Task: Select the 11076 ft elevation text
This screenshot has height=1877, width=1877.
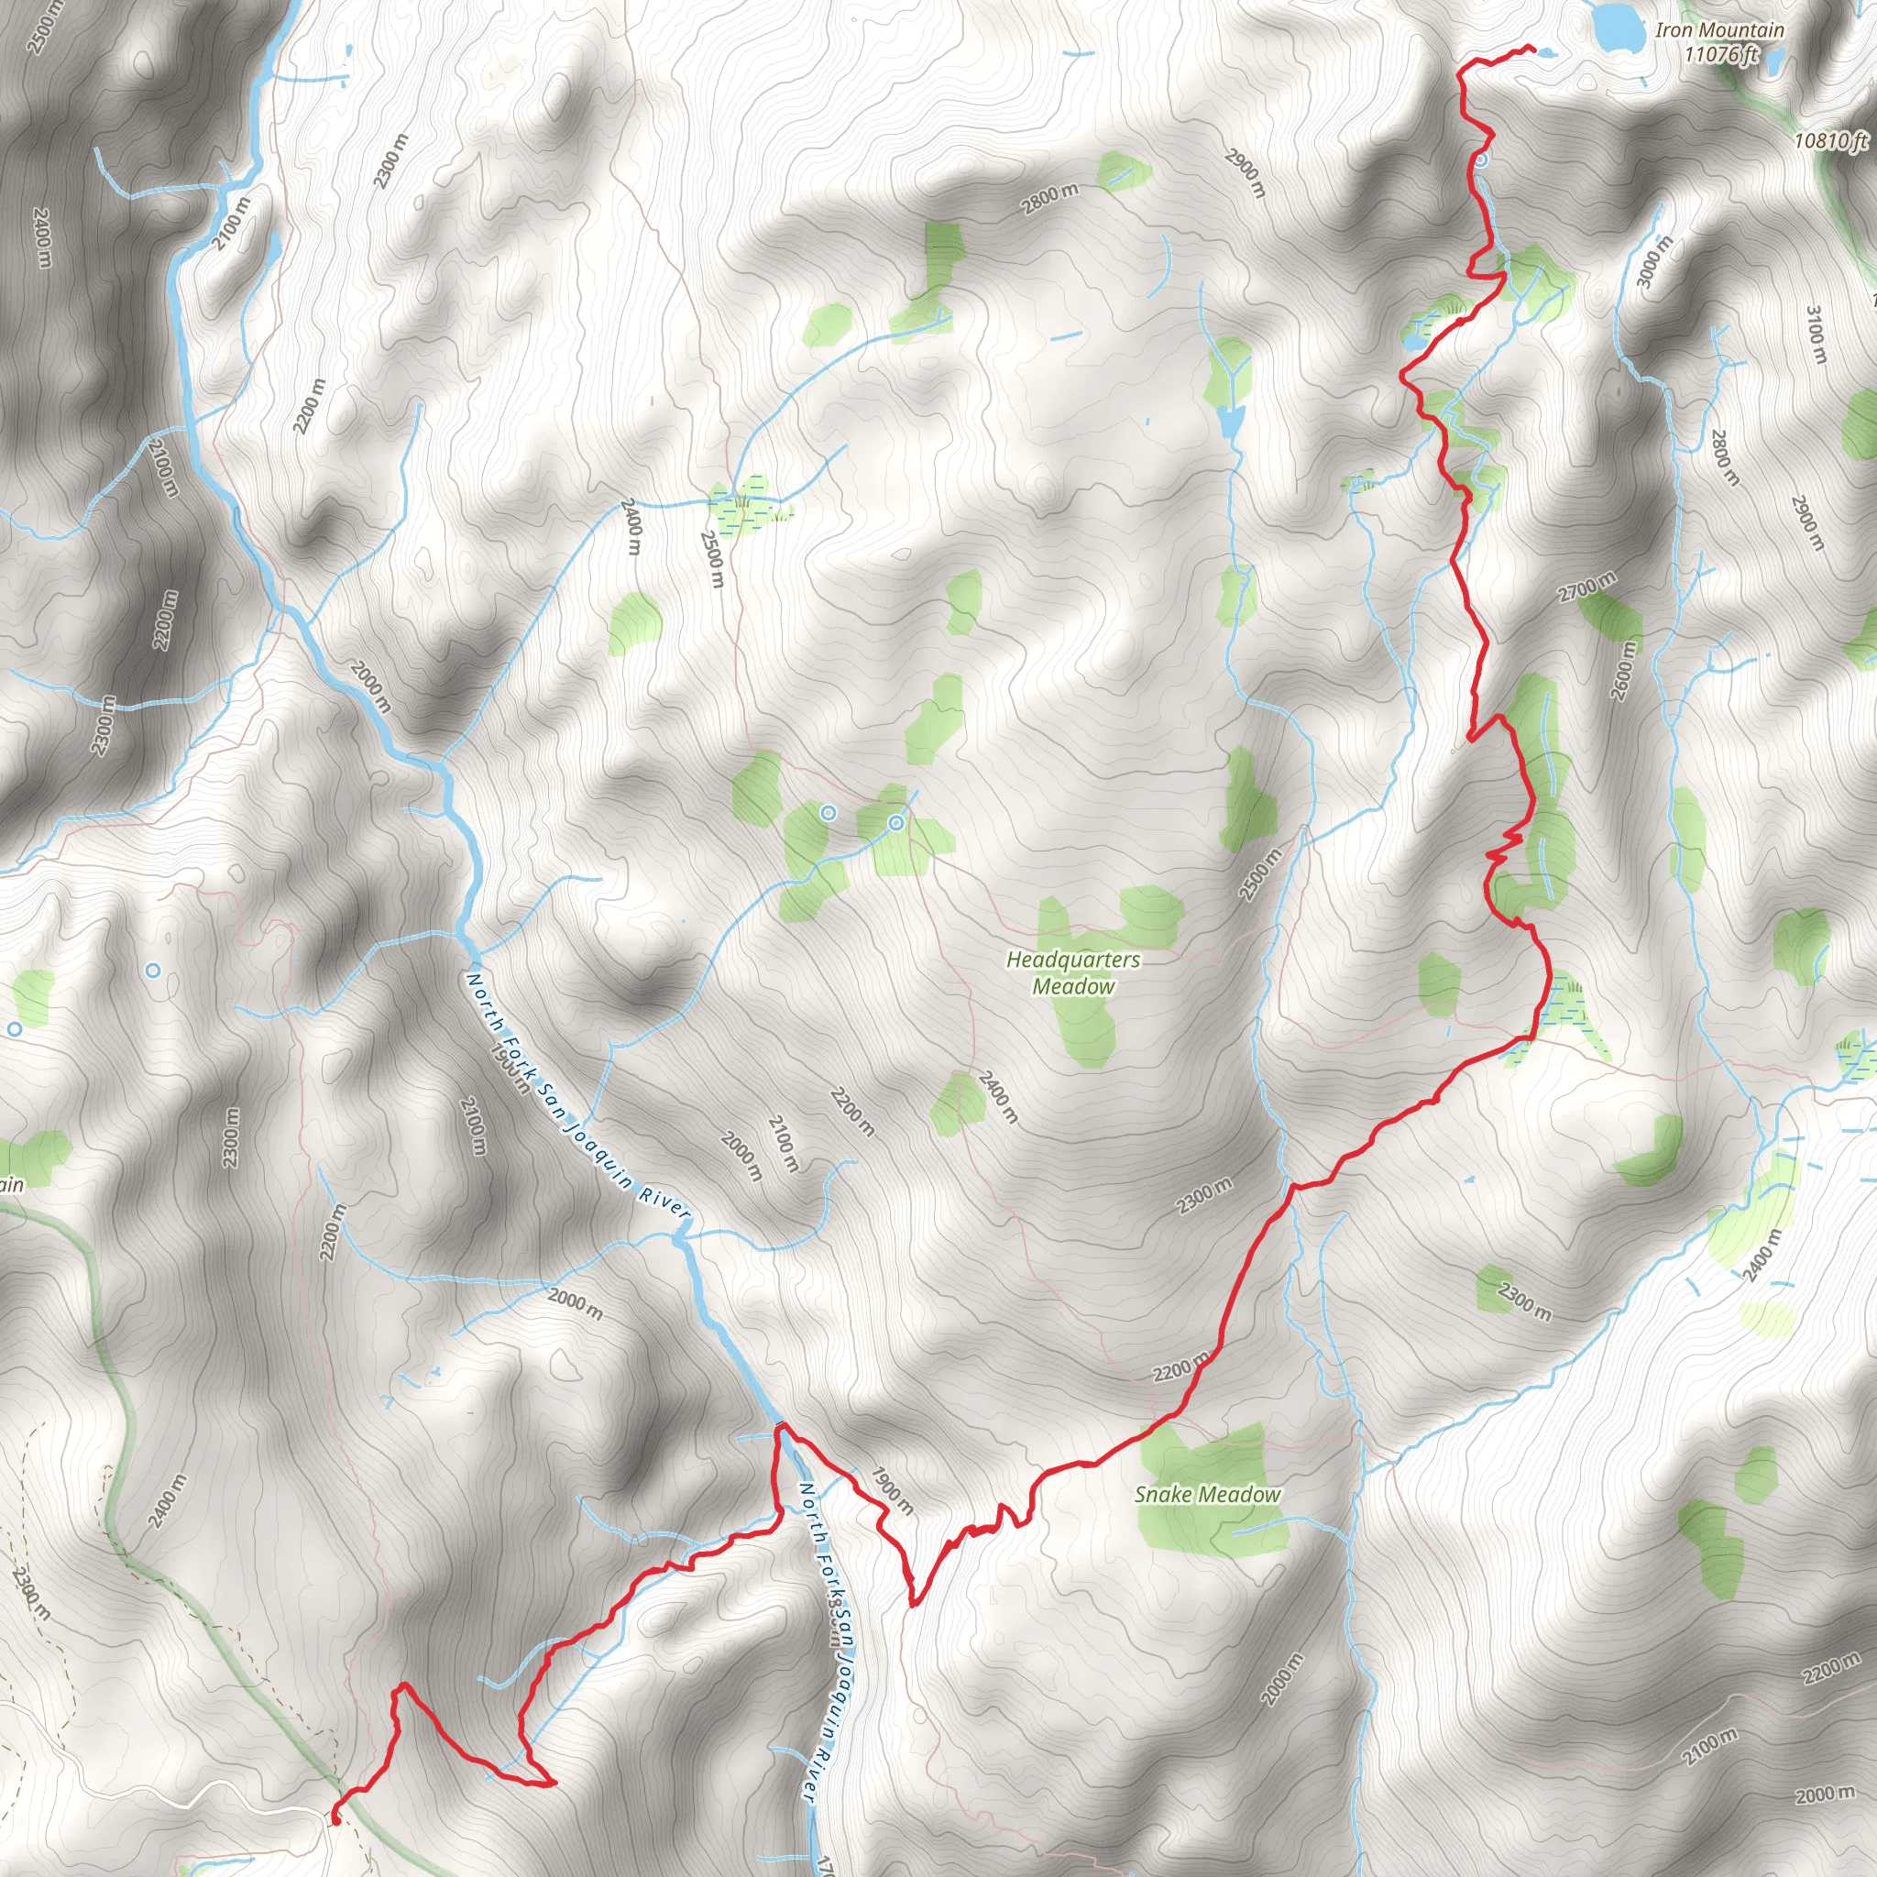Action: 1720,54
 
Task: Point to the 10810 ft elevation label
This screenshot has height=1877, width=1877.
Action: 1830,141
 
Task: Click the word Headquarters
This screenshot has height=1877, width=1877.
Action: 1073,960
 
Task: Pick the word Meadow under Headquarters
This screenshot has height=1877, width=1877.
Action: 1073,986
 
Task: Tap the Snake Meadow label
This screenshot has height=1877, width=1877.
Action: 1208,1495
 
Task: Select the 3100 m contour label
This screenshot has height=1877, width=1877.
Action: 1816,335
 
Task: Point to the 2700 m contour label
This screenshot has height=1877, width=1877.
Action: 1588,587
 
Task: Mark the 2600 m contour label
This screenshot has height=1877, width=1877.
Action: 1623,670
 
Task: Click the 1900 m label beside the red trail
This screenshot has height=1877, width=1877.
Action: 892,1490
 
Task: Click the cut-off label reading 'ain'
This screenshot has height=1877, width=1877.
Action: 11,1184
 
